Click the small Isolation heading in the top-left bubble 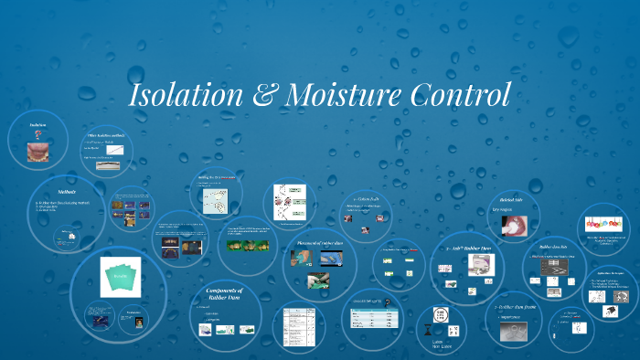pyautogui.click(x=37, y=124)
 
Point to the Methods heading pyautogui.click(x=66, y=193)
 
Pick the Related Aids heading pyautogui.click(x=510, y=198)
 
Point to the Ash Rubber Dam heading pyautogui.click(x=467, y=248)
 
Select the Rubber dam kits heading pyautogui.click(x=555, y=247)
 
